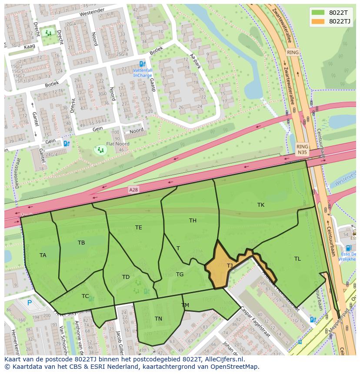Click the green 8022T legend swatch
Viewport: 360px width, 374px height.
click(x=318, y=13)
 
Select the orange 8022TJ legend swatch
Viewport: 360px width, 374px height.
click(x=318, y=21)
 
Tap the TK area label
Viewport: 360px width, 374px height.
click(x=260, y=205)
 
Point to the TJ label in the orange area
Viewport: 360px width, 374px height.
click(x=230, y=265)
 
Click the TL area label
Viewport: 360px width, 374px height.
click(x=297, y=259)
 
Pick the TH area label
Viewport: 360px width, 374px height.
click(x=193, y=221)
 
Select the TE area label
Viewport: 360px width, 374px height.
click(x=138, y=228)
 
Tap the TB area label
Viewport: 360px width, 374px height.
click(x=81, y=243)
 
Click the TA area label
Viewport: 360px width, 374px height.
click(x=43, y=255)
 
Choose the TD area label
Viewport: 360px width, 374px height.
click(x=126, y=277)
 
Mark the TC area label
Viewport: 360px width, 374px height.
click(x=85, y=296)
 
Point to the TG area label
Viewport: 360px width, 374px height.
click(x=180, y=275)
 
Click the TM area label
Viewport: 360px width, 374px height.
click(x=185, y=305)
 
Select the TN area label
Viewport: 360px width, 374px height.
click(x=158, y=319)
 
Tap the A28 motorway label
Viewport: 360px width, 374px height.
click(x=133, y=190)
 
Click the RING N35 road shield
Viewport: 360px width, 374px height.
click(x=302, y=150)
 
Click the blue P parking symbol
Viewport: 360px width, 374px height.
click(x=30, y=303)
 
